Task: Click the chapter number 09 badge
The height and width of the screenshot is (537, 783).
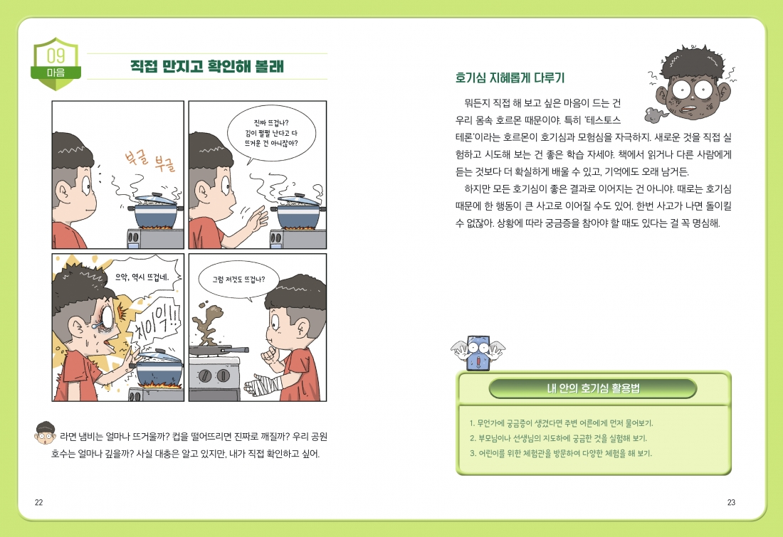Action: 56,63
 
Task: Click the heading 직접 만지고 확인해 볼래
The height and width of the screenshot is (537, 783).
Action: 206,66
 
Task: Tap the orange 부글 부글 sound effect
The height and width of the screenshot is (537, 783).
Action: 150,159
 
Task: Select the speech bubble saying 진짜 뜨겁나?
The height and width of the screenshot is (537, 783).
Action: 271,133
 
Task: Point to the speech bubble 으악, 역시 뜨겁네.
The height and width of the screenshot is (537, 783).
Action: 142,277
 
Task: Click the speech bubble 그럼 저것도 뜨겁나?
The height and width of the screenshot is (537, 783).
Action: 238,280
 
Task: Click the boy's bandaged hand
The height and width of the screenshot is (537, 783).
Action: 263,386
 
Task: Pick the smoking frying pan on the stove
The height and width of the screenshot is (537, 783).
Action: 219,350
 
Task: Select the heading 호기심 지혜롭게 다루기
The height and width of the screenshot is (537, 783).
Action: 510,78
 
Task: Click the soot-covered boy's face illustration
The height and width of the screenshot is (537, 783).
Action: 692,84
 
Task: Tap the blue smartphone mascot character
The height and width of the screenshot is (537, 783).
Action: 478,352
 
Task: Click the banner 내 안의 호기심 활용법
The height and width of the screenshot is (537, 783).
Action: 593,388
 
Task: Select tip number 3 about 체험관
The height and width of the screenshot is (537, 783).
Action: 561,454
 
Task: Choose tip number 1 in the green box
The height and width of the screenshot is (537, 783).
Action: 562,423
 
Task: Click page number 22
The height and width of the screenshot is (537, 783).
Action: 39,503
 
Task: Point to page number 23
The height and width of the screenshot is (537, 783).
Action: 731,503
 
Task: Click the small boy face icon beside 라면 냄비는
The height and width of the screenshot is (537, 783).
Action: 45,432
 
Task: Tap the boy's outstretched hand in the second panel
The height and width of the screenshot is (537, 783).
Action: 256,218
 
